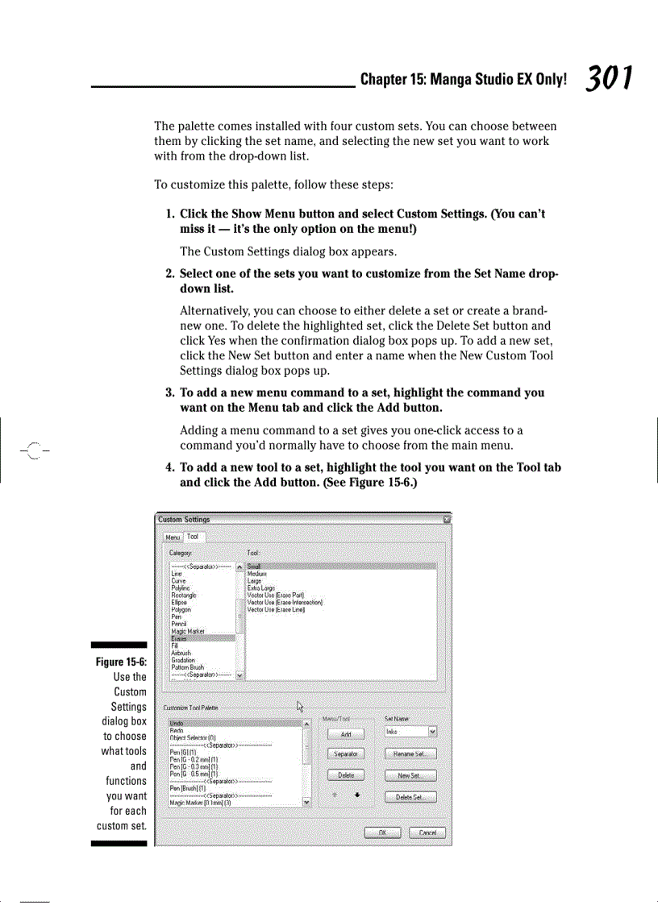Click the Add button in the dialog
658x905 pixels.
346,734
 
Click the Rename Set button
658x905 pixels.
410,754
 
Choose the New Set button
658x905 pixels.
410,776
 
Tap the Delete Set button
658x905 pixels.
410,798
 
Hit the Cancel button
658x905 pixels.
427,832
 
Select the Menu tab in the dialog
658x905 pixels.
173,538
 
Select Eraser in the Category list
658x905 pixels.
179,639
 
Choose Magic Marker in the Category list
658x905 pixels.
188,632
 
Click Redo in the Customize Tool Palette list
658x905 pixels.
177,730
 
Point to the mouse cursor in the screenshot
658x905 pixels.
301,707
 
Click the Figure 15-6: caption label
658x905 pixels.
121,662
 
